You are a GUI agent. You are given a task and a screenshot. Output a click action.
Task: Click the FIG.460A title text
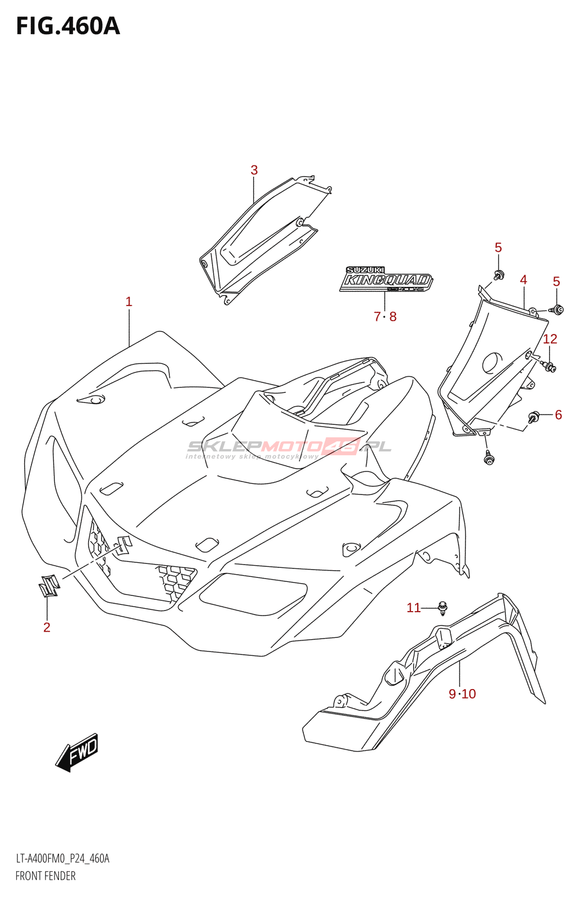click(x=68, y=26)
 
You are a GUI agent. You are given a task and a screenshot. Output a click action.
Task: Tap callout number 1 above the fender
click(x=128, y=302)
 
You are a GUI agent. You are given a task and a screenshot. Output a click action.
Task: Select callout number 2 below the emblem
click(x=47, y=627)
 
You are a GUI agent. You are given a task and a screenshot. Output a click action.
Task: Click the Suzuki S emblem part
click(x=49, y=585)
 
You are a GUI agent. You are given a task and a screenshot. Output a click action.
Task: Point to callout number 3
click(x=254, y=170)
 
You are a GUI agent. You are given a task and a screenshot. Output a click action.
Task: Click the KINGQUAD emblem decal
click(x=386, y=279)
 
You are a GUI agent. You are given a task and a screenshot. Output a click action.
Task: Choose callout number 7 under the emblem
click(x=377, y=317)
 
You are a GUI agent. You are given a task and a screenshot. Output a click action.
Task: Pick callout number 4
click(x=523, y=280)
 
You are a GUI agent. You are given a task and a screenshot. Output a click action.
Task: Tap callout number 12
click(x=550, y=339)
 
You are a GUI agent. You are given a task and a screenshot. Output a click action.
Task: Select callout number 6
click(x=558, y=415)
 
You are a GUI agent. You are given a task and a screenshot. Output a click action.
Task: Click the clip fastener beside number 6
click(x=533, y=417)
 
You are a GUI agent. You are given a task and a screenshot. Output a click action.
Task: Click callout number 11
click(x=413, y=608)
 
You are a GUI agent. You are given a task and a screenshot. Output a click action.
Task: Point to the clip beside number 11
click(x=443, y=607)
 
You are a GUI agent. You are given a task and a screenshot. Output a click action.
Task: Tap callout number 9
click(x=453, y=694)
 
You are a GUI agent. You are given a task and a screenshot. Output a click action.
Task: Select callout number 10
click(x=469, y=694)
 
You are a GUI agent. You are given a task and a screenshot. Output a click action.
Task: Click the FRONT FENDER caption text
click(x=45, y=876)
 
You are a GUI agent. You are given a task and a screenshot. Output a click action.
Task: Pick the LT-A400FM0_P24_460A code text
click(x=62, y=858)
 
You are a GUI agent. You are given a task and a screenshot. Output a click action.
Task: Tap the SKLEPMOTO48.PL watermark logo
click(x=289, y=447)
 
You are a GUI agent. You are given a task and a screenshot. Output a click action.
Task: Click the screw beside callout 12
click(x=549, y=367)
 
